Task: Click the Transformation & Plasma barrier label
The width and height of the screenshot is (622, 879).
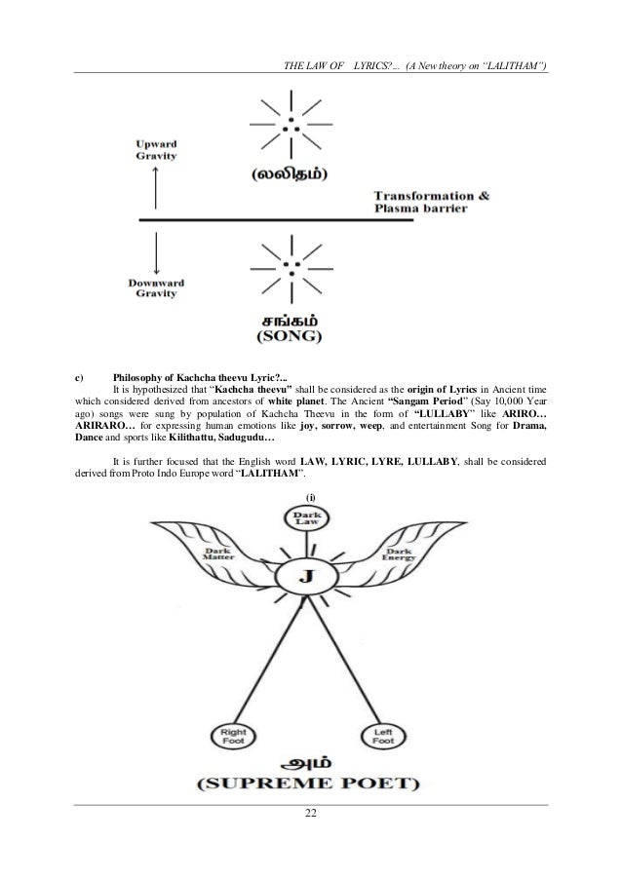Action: coord(432,202)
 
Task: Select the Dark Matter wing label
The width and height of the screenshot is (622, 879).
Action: coord(217,554)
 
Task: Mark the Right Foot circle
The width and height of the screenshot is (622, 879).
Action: coord(232,732)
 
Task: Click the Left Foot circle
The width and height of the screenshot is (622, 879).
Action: coord(381,732)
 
